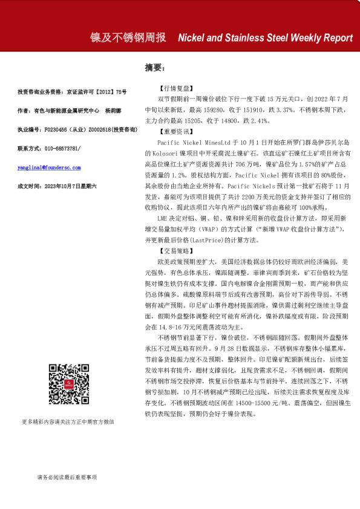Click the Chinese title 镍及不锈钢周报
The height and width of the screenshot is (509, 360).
tap(128, 37)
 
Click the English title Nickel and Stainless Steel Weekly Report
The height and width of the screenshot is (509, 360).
tap(265, 37)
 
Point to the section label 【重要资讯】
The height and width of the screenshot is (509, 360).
tap(175, 131)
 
